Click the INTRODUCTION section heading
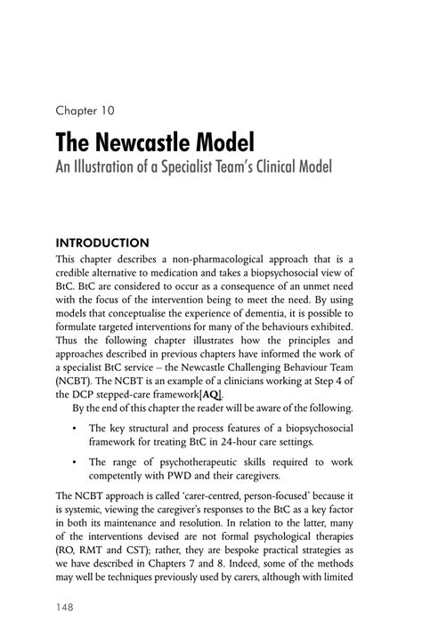tap(102, 241)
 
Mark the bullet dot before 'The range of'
tap(70, 462)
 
